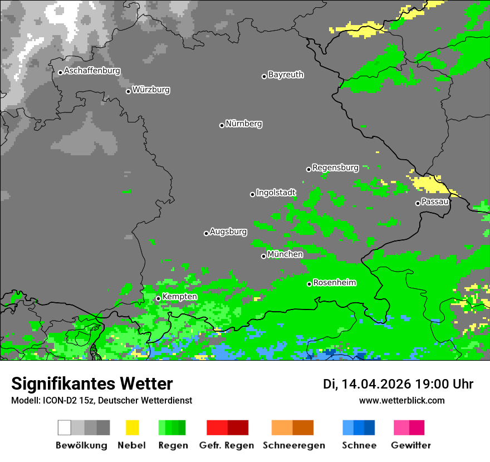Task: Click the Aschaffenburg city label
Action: (92, 71)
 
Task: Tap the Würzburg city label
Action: (151, 90)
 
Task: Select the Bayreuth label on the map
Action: (286, 75)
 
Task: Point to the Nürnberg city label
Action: (244, 124)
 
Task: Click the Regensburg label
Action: (335, 168)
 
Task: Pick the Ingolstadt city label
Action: (276, 193)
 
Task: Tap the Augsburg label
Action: (228, 232)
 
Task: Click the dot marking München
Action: (264, 256)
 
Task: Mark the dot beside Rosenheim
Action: (310, 284)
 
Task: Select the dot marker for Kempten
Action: (159, 298)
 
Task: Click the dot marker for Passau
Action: (418, 203)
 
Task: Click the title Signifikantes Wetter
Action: (92, 384)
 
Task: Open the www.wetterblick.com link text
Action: (401, 401)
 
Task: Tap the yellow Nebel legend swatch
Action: (132, 427)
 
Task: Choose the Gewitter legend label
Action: (411, 445)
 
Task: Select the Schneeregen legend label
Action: (293, 445)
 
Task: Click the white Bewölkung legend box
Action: (65, 427)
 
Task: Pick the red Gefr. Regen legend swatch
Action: (217, 427)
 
